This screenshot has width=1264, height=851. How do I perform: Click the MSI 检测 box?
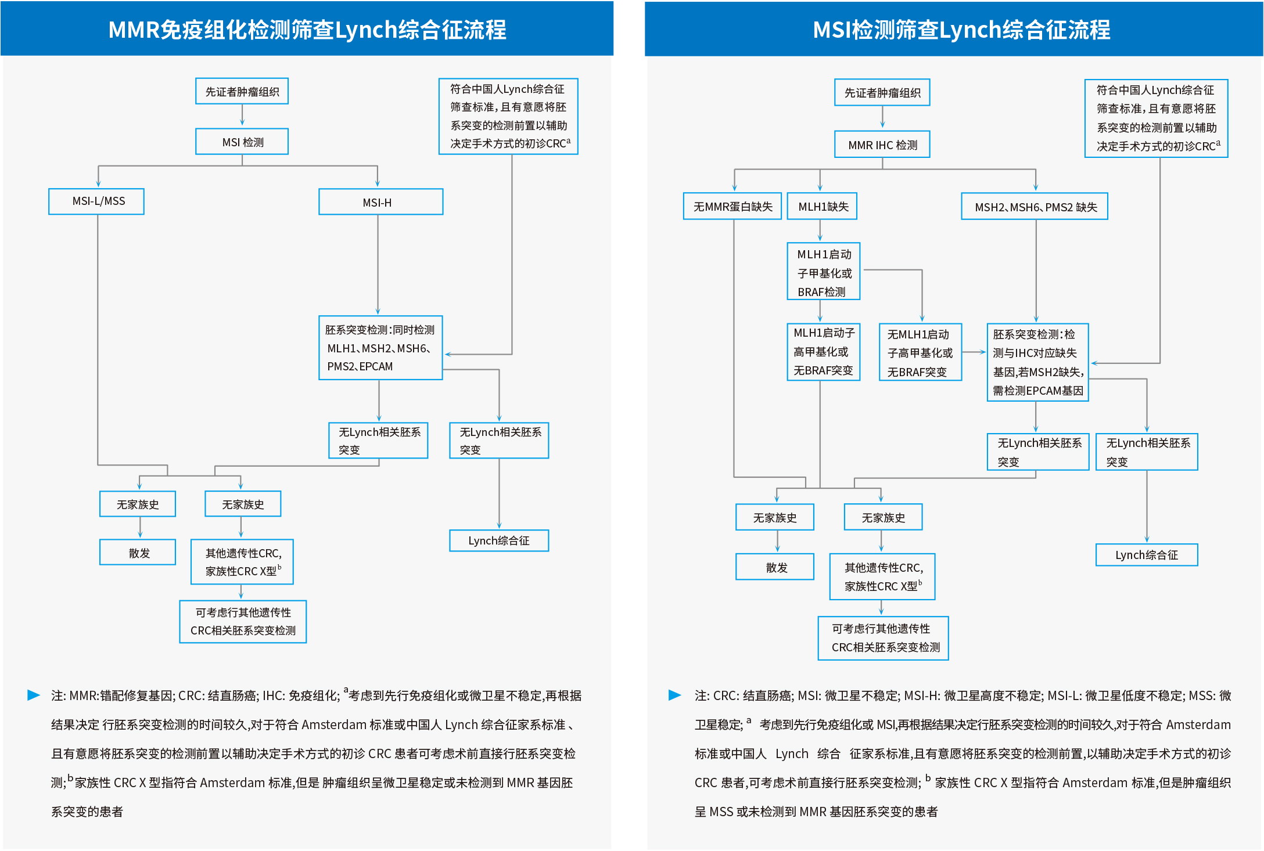pos(242,142)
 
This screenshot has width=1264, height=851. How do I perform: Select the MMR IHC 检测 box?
pos(882,145)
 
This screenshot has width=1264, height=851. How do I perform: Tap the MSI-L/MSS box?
pos(96,201)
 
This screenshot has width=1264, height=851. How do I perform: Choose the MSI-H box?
pos(380,202)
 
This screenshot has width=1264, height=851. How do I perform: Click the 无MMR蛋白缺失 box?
pos(732,206)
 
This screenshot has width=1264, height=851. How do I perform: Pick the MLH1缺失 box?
pos(822,206)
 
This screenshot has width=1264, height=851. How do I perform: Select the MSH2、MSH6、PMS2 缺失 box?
pos(1035,207)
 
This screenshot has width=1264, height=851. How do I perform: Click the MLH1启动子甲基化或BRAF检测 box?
pos(823,271)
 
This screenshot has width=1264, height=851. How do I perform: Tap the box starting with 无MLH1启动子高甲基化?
pos(920,352)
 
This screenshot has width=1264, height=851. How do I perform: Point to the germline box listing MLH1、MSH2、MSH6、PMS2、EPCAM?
pos(380,348)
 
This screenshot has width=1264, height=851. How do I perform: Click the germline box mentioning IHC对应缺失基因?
pos(1037,362)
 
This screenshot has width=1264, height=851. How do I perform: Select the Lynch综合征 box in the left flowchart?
pos(499,540)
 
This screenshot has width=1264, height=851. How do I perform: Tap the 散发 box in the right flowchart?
pos(775,567)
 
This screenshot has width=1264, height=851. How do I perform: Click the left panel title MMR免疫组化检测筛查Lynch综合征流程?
pos(307,29)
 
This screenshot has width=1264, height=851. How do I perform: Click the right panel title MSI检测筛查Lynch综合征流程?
pos(961,29)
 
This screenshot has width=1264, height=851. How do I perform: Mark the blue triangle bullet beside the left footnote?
pos(34,695)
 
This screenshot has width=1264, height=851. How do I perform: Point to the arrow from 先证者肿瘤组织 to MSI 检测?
pos(242,116)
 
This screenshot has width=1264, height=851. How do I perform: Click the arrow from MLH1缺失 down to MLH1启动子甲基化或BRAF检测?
pos(820,230)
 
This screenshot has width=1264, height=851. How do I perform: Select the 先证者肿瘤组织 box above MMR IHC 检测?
pos(882,92)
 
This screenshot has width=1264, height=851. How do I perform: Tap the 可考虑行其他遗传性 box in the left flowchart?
pos(243,622)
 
